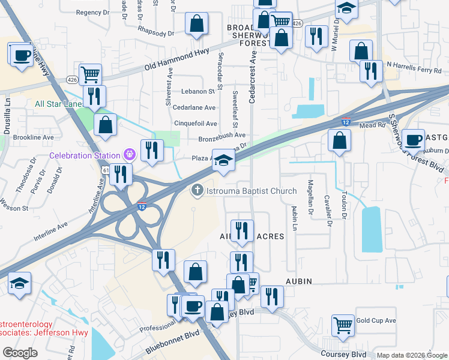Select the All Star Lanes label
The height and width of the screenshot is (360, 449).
click(58, 104)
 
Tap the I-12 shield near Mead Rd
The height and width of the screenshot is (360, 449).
click(346, 122)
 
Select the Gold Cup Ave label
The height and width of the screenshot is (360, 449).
click(376, 320)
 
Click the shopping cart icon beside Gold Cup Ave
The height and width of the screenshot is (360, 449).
click(343, 325)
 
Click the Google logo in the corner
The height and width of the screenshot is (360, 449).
click(20, 353)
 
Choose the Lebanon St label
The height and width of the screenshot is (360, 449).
click(202, 91)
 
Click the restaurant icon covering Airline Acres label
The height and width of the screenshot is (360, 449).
click(242, 231)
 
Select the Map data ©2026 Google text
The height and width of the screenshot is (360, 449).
click(411, 355)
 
